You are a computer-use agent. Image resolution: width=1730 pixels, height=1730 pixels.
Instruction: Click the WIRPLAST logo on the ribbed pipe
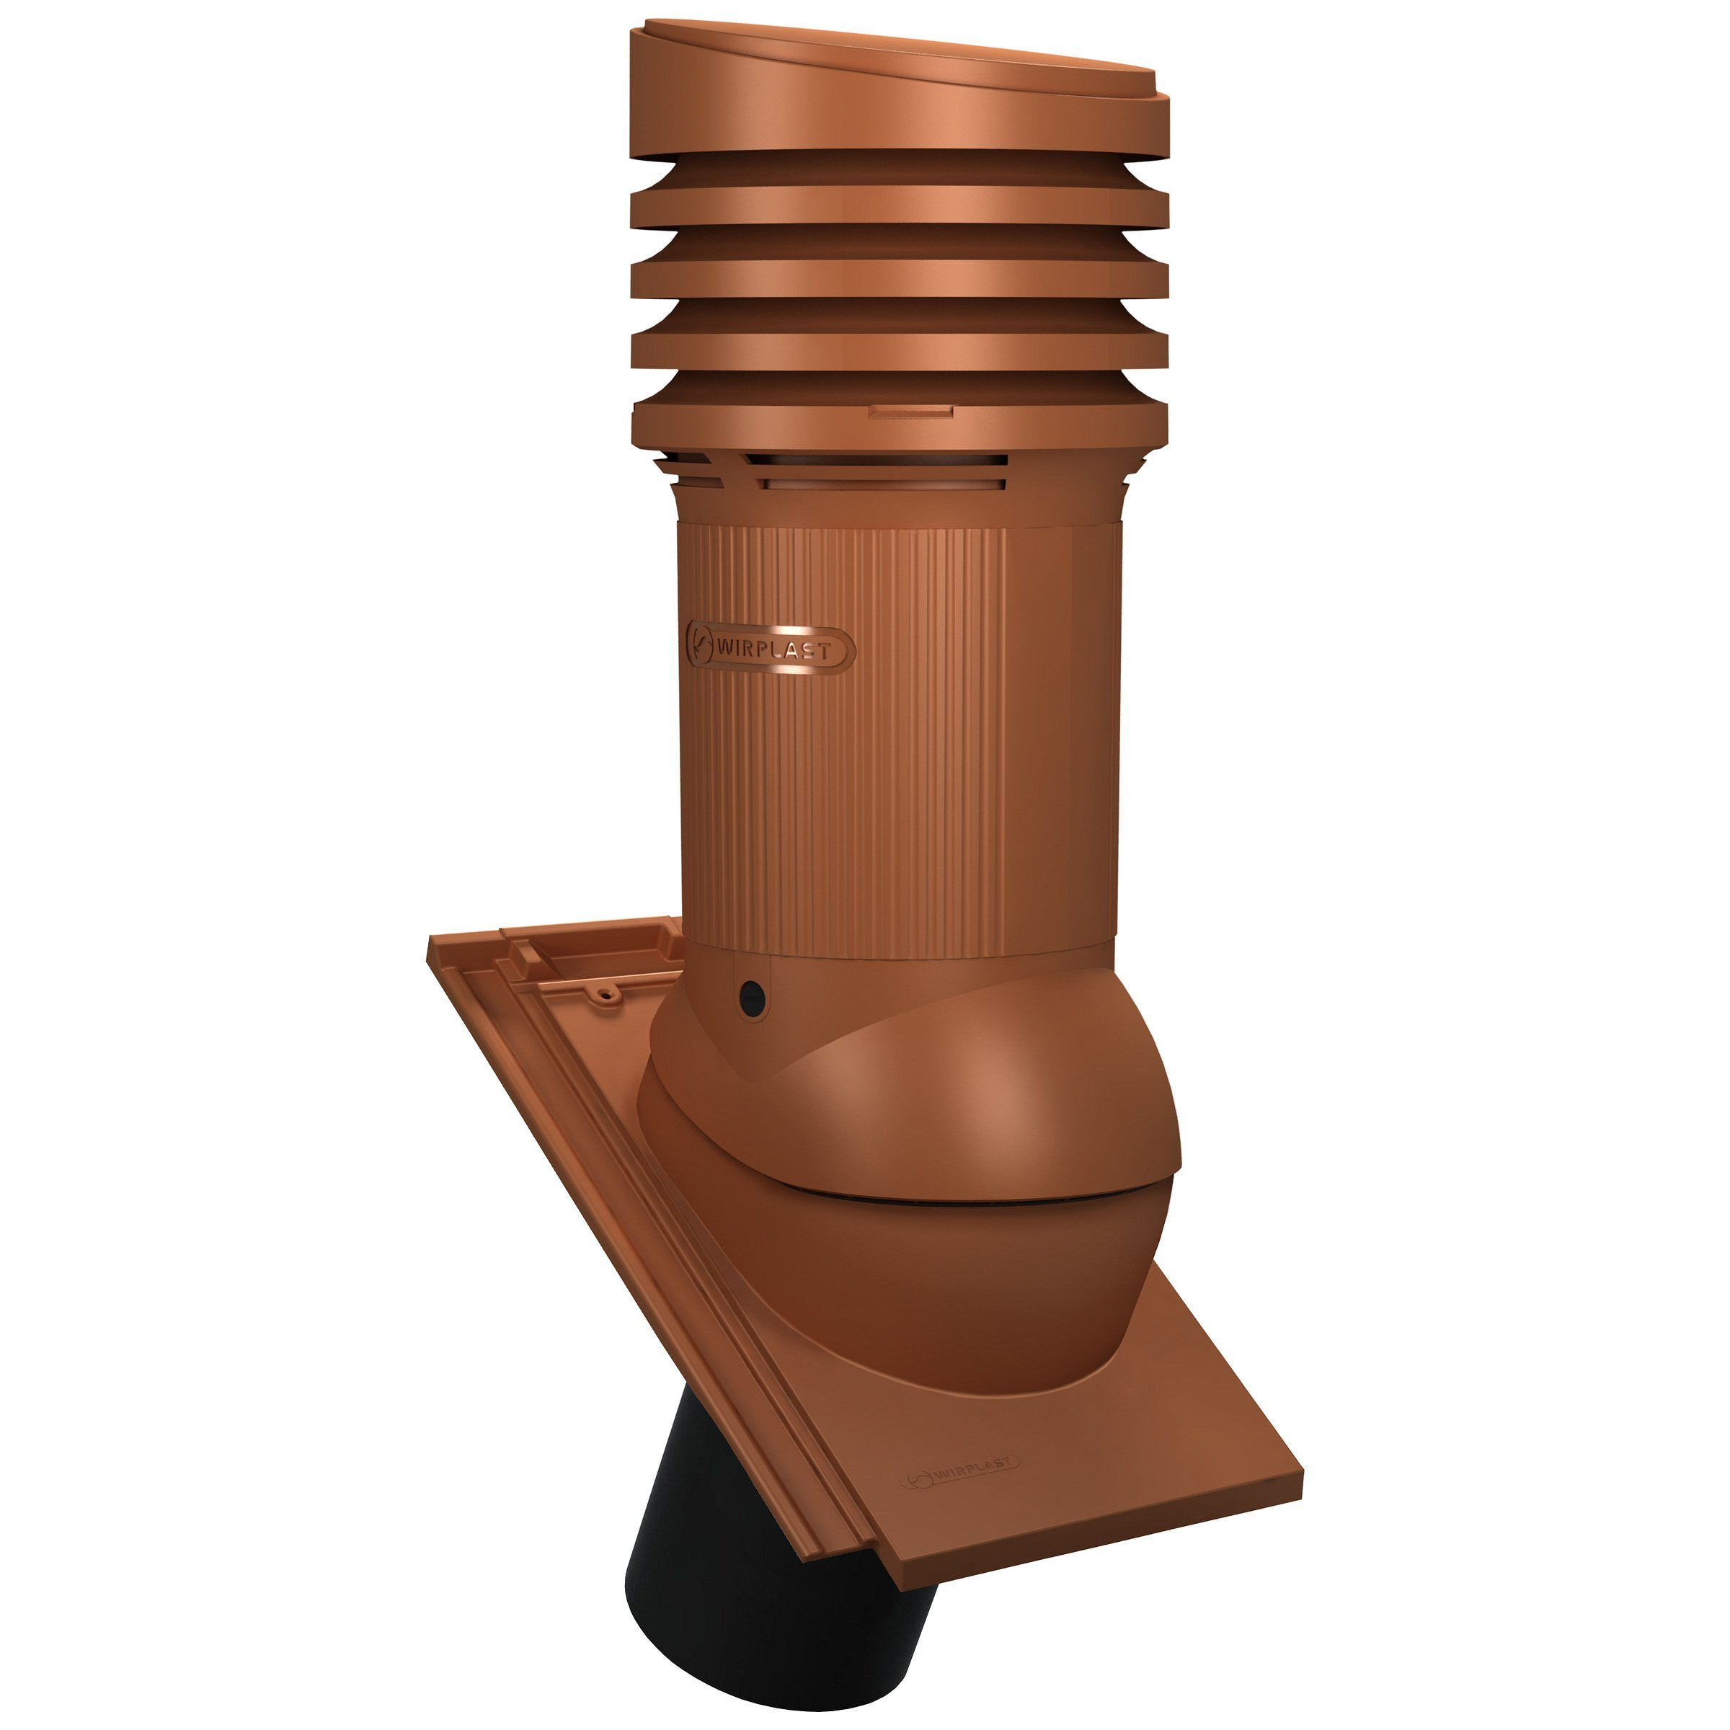[769, 644]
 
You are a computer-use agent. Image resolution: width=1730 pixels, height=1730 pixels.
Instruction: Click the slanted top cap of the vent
[899, 89]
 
